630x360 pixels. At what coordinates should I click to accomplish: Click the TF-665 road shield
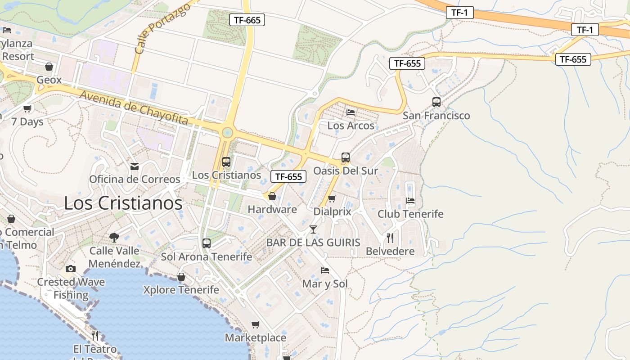(247, 20)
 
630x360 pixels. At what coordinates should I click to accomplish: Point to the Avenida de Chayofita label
(134, 108)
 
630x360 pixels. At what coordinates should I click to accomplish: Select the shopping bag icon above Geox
(49, 67)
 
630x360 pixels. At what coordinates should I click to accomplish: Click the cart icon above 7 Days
(27, 108)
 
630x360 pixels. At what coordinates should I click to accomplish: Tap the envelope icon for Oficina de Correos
(134, 166)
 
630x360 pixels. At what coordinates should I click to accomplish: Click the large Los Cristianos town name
(123, 203)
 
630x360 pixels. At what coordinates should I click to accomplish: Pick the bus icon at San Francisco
(436, 102)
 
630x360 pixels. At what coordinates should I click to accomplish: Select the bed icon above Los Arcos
(351, 112)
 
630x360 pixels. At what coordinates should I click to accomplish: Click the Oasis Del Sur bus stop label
(345, 171)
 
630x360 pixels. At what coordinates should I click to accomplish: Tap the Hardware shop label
(272, 209)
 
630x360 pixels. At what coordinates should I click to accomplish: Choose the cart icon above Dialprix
(332, 198)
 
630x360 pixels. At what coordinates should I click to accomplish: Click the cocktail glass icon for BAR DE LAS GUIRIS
(313, 229)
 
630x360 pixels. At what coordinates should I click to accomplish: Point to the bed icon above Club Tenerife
(410, 201)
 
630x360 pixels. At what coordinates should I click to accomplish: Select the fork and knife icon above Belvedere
(390, 238)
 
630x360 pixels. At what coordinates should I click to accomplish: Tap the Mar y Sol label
(325, 284)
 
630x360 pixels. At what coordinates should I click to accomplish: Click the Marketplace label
(255, 337)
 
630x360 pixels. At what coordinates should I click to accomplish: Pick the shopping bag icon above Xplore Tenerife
(181, 277)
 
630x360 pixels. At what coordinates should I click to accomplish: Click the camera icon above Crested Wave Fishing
(71, 269)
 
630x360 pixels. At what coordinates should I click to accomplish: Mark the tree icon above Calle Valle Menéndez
(114, 237)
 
